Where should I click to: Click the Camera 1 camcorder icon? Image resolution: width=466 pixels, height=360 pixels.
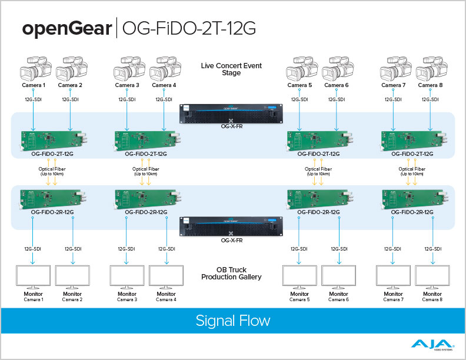tap(33, 69)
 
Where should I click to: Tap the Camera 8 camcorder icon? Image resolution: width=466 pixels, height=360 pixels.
tap(429, 69)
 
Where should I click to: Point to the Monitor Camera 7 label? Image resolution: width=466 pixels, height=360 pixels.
tap(393, 296)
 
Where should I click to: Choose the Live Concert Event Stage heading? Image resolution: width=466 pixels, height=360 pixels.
tap(231, 69)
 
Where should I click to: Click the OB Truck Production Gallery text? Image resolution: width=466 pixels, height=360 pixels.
tap(231, 274)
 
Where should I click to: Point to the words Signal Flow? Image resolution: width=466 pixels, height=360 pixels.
tap(232, 321)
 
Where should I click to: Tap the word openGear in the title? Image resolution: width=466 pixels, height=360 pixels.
tap(66, 28)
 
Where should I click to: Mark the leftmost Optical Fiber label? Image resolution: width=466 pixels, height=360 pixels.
tap(52, 171)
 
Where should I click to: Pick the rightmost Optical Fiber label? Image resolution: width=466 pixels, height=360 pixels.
tap(411, 171)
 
